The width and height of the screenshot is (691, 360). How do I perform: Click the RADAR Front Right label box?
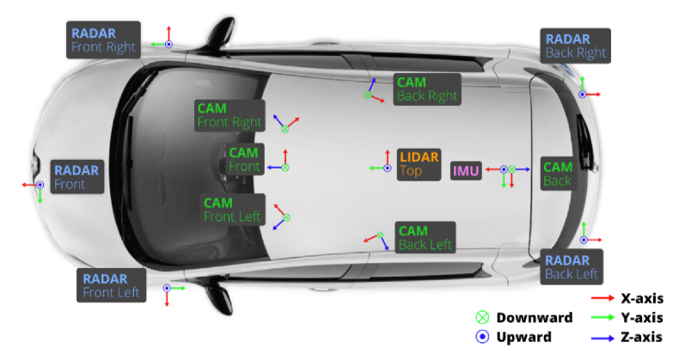(x=103, y=40)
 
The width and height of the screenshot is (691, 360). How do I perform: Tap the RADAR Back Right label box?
(x=576, y=46)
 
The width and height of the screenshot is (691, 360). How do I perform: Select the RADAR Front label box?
(x=76, y=177)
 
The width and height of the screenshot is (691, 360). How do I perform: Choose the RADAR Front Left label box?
(x=111, y=285)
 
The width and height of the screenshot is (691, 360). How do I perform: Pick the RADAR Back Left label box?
(x=572, y=267)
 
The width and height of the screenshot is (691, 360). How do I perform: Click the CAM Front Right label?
(x=229, y=115)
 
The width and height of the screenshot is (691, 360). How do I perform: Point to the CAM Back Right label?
(x=427, y=89)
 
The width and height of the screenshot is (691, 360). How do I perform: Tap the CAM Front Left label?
(x=232, y=210)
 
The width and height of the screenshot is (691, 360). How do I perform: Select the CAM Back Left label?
(x=425, y=237)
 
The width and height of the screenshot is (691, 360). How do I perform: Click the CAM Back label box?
(x=559, y=174)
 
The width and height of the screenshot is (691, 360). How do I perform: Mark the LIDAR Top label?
(x=419, y=164)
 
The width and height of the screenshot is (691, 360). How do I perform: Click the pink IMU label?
(x=466, y=171)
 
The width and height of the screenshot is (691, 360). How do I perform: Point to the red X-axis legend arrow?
(x=602, y=298)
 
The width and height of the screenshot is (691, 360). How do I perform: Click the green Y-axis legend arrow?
(x=602, y=317)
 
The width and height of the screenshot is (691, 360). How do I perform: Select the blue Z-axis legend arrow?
(x=602, y=338)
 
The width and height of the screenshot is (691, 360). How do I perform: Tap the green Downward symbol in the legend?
(x=482, y=317)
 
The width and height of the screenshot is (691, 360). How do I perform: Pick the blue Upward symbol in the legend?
(x=482, y=337)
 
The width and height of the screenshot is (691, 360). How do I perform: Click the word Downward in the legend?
(x=535, y=318)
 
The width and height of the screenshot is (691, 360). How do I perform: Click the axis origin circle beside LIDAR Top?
(x=388, y=168)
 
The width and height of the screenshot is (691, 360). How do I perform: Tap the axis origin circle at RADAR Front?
(x=40, y=185)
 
